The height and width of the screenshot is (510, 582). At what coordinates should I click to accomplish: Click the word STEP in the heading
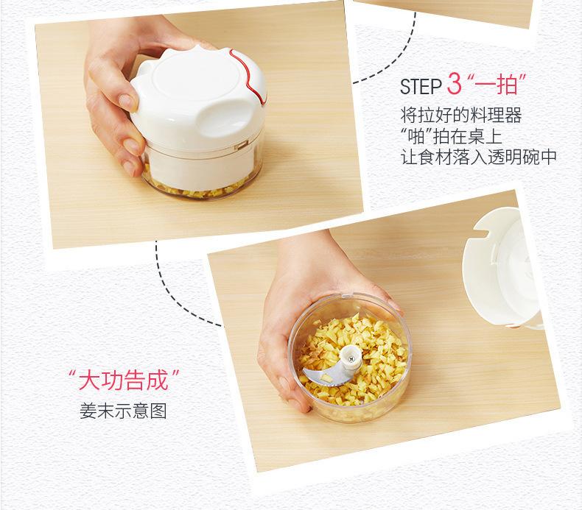tap(420, 87)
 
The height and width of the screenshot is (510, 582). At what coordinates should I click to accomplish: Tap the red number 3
tap(454, 84)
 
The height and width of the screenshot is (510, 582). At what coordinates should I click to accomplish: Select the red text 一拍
tap(497, 85)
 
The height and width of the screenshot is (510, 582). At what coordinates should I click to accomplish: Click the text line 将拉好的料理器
tap(461, 115)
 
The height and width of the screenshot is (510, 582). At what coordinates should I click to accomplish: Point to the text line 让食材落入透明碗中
tap(479, 157)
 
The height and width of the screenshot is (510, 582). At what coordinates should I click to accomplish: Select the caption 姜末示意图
tap(123, 411)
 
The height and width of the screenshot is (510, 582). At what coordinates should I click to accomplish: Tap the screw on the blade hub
tap(351, 358)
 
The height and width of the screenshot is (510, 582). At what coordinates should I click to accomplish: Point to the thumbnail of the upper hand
tap(128, 102)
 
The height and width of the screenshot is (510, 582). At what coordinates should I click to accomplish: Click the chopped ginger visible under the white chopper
tap(197, 188)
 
